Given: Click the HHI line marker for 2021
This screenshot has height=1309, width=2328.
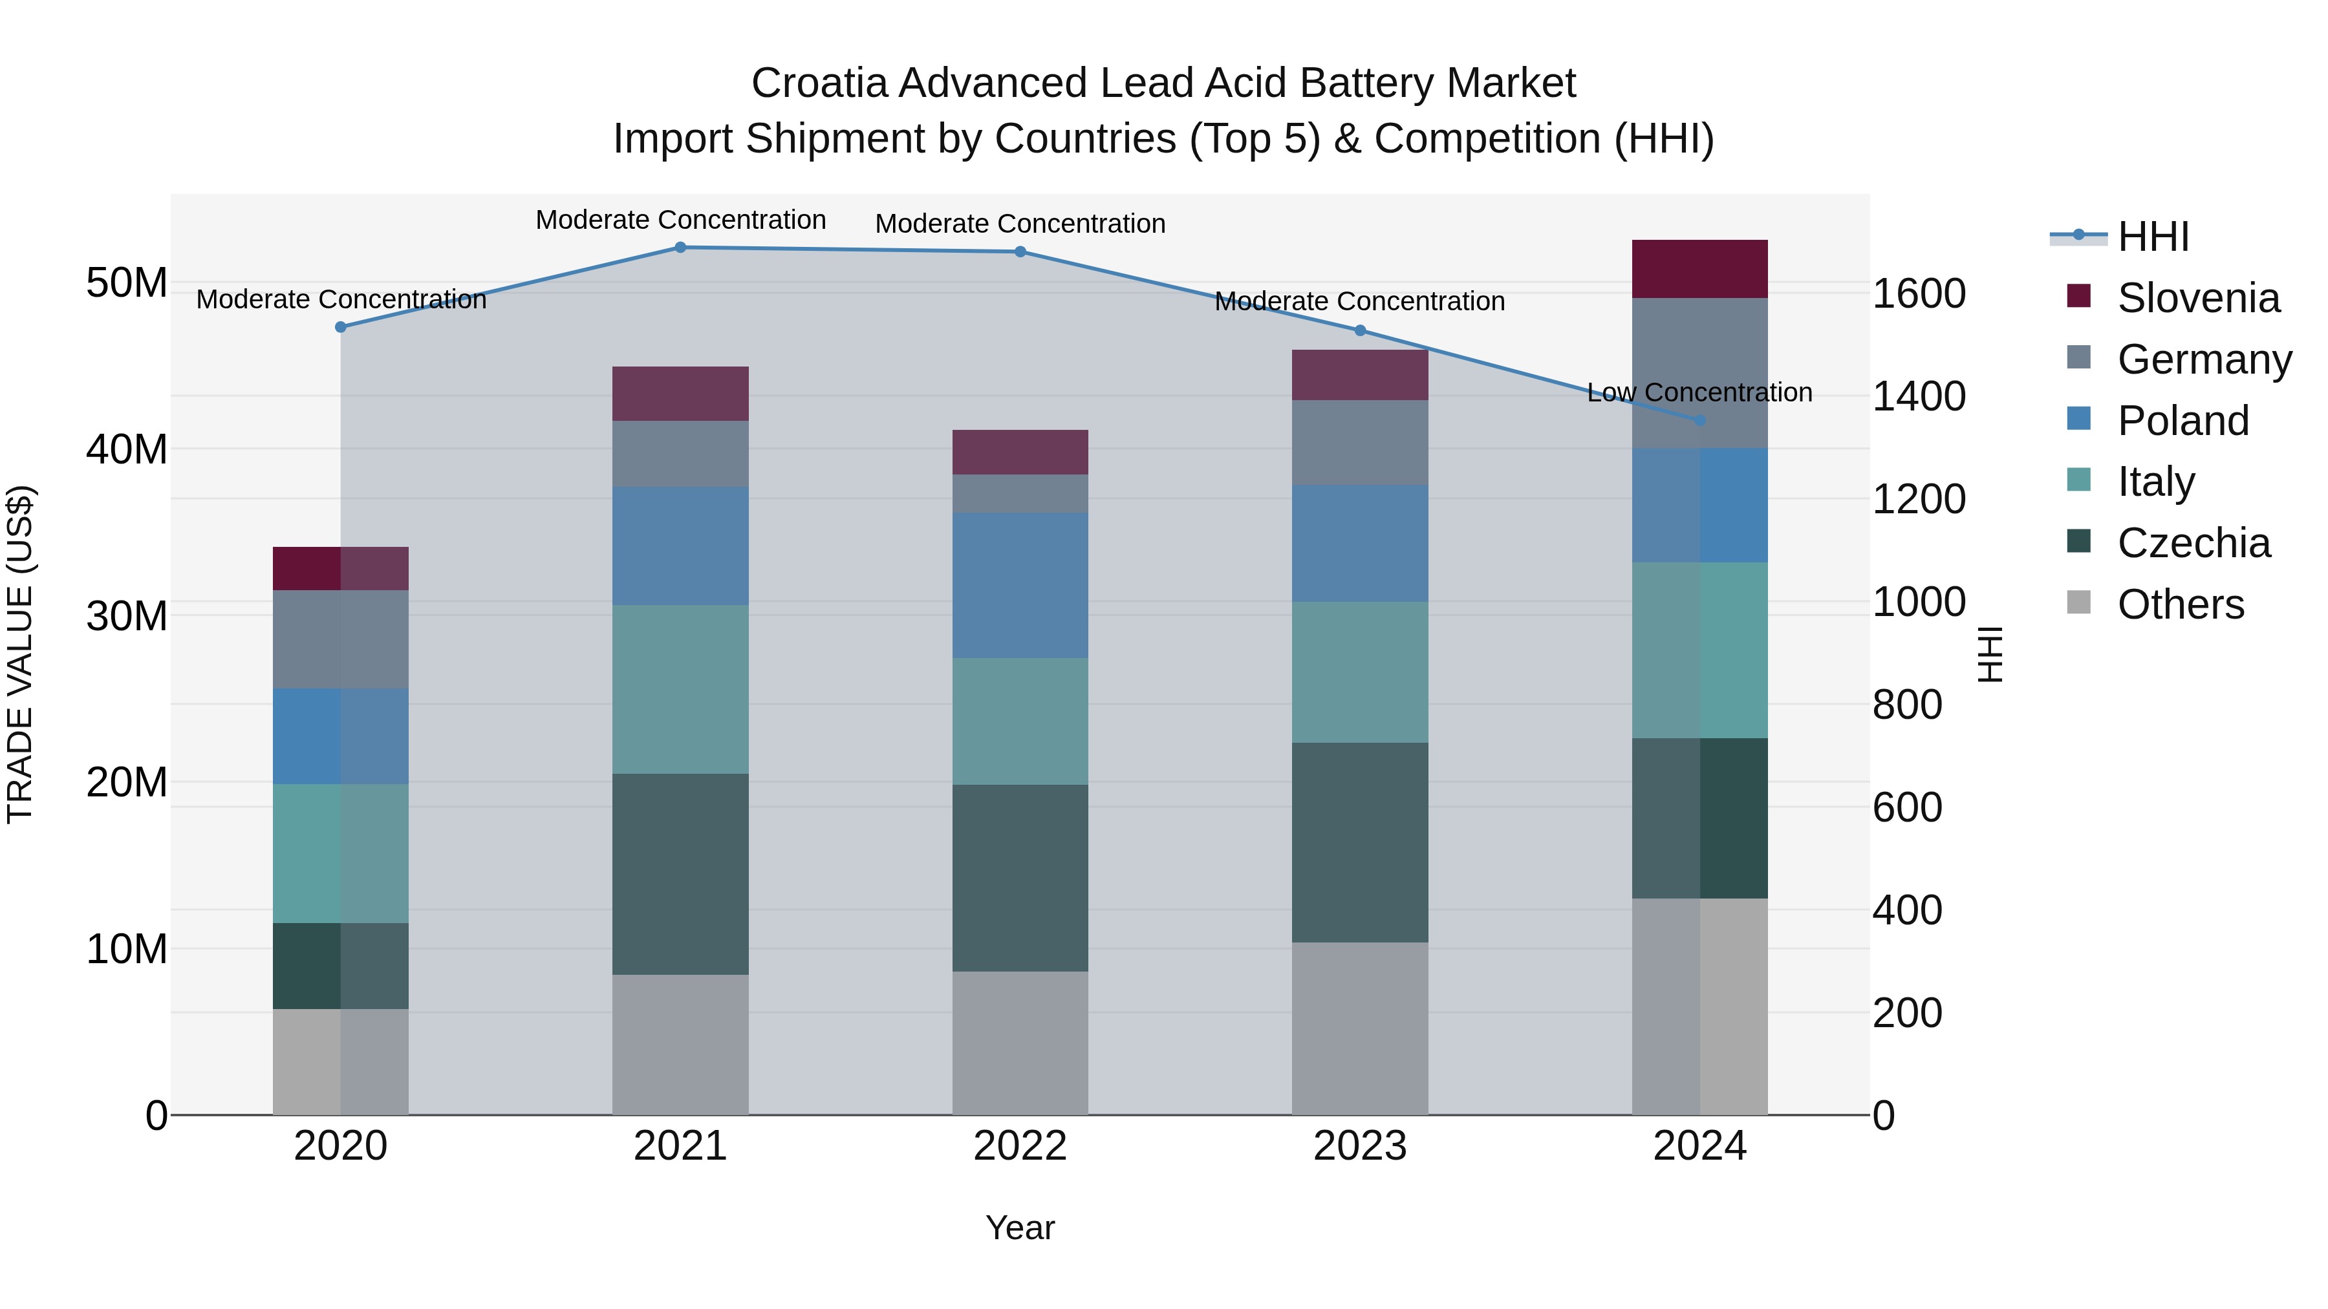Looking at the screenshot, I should click(680, 248).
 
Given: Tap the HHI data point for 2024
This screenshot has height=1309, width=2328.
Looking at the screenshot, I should click(1699, 421).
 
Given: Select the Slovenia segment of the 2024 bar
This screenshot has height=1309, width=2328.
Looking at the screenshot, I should click(1699, 269).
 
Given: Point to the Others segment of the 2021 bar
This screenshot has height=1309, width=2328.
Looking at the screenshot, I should click(680, 1045).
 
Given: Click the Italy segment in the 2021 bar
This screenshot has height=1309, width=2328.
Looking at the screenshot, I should click(680, 688).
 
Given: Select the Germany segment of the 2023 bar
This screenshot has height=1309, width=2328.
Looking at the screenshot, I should click(1359, 443).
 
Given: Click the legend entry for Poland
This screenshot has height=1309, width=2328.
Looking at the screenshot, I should click(2182, 421).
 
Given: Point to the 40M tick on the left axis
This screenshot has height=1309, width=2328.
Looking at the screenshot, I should click(127, 449).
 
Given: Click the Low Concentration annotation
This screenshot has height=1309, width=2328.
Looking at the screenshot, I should click(1699, 392).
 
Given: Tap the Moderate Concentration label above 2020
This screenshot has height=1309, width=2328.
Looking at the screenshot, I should click(341, 299).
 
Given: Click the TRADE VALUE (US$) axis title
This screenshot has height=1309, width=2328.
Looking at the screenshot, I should click(20, 654).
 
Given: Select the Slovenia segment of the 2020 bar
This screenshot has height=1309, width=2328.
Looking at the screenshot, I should click(341, 568).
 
